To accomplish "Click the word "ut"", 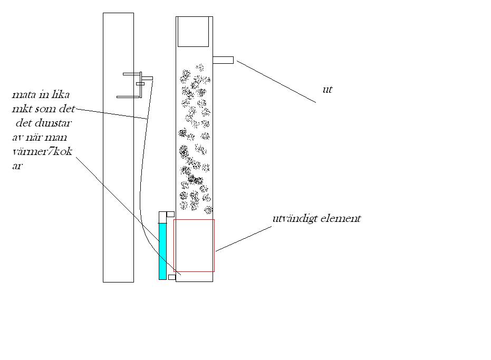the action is pyautogui.click(x=327, y=90).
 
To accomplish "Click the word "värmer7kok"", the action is pyautogui.click(x=42, y=152).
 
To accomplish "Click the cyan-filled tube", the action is pyautogui.click(x=162, y=251).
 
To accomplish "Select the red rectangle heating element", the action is pyautogui.click(x=194, y=219).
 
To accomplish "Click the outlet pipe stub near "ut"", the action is pyautogui.click(x=223, y=60).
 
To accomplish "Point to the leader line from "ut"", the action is pyautogui.click(x=276, y=81).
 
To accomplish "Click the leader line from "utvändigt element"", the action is pyautogui.click(x=244, y=239).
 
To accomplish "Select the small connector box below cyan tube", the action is pyautogui.click(x=172, y=277).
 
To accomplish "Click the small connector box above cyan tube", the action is pyautogui.click(x=170, y=214).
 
